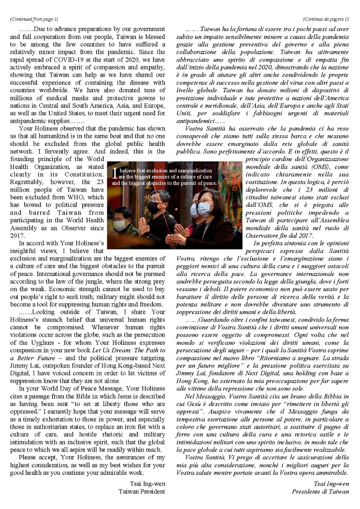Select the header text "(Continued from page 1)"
pyautogui.click(x=34, y=19)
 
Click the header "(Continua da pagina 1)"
pyautogui.click(x=325, y=19)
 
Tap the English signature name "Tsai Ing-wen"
pyautogui.click(x=147, y=484)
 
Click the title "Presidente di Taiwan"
pyautogui.click(x=320, y=492)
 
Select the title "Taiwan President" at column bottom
pyautogui.click(x=142, y=492)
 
